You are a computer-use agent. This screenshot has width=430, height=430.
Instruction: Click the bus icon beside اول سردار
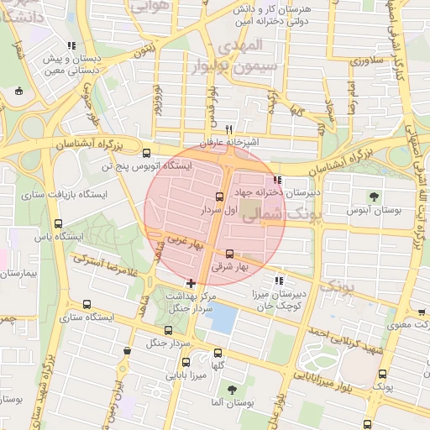[x=219, y=197]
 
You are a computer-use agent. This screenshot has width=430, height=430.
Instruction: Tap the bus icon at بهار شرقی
[x=229, y=254]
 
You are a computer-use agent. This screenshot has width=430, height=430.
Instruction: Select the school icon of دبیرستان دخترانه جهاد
[x=278, y=180]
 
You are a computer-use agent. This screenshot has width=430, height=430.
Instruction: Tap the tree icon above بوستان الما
[x=231, y=389]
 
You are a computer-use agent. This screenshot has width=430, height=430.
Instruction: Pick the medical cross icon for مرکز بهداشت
[x=191, y=284]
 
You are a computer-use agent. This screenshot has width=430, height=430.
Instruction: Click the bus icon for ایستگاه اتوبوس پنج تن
[x=148, y=153]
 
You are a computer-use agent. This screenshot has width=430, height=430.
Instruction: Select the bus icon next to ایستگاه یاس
[x=58, y=223]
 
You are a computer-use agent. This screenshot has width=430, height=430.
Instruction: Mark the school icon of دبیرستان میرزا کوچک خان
[x=278, y=281]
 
